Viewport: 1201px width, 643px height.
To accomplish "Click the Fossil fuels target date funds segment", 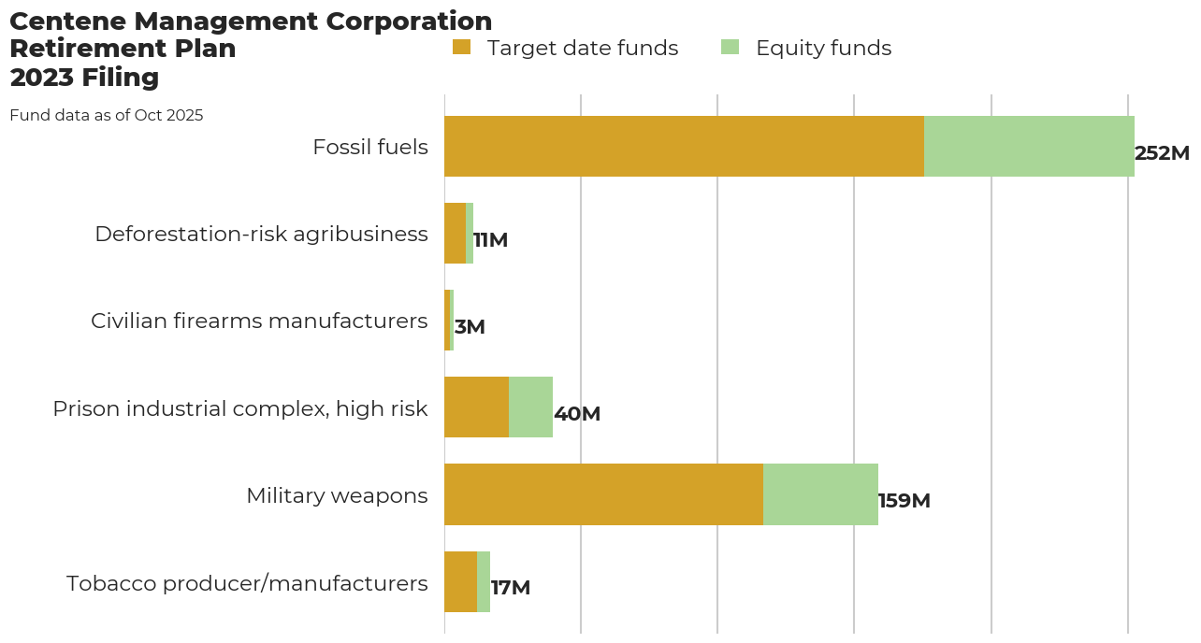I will (x=684, y=147).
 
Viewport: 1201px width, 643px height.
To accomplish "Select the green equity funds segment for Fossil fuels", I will (x=1029, y=147).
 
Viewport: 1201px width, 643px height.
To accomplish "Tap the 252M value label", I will (x=1162, y=153).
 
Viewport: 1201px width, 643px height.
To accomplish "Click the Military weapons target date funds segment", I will (x=603, y=494).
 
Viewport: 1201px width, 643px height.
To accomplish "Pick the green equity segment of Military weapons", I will (x=820, y=494).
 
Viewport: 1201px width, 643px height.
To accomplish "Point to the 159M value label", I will (x=904, y=501).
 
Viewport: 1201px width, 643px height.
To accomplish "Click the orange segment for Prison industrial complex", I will (x=476, y=407).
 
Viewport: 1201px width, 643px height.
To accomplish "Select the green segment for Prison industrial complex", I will (x=530, y=407).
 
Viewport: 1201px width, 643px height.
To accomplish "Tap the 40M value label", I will (x=577, y=414).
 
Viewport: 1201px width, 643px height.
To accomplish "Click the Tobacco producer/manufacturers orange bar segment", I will (x=460, y=581).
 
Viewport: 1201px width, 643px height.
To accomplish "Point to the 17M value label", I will (x=511, y=588).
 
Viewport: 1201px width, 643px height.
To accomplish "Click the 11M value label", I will (x=490, y=240).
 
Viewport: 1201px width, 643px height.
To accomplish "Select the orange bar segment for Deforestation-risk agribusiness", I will (x=455, y=234).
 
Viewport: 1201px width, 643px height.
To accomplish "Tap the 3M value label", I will (x=470, y=327).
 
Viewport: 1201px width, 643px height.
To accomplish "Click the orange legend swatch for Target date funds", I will (x=461, y=47).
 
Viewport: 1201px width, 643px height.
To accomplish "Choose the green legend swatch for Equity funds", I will (x=731, y=47).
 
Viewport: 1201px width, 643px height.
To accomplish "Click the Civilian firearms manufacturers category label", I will (x=259, y=321).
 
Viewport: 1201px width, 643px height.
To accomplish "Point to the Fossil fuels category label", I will (x=370, y=147).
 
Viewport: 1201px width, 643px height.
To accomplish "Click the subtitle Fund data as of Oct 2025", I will (x=106, y=116).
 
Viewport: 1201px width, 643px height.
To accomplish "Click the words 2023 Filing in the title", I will (x=84, y=78).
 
